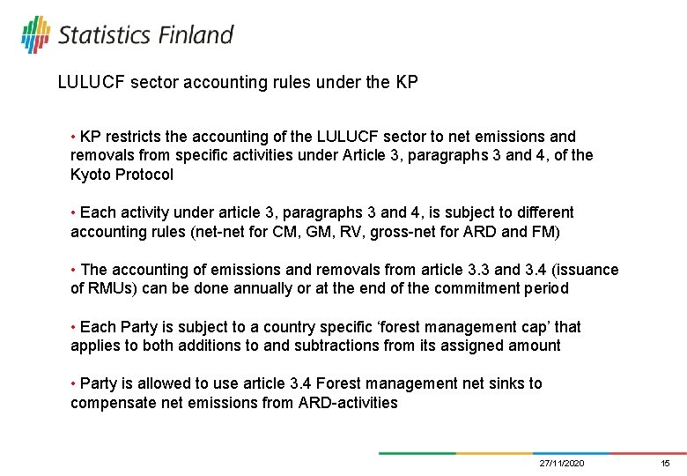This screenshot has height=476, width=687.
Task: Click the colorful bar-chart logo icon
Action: [35, 34]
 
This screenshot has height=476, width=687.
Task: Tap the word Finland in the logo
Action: [196, 35]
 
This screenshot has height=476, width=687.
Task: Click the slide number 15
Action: [666, 464]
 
